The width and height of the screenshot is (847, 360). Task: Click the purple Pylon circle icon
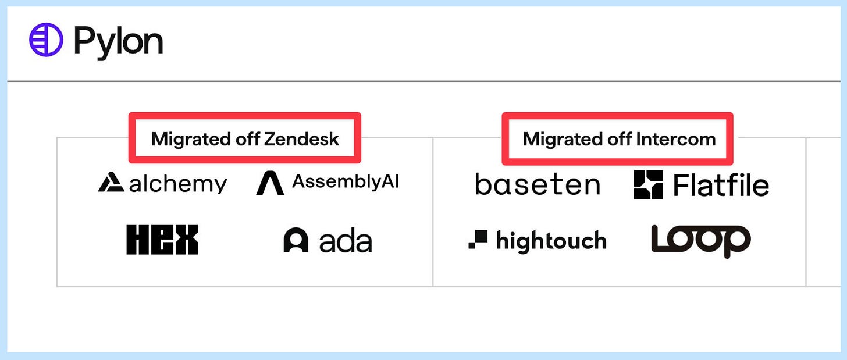46,40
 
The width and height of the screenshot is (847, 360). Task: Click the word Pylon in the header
118,42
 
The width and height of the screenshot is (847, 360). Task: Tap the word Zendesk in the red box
301,139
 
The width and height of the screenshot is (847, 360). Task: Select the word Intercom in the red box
676,139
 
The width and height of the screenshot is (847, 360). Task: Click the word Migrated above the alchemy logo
191,140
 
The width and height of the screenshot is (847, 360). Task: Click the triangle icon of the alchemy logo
111,182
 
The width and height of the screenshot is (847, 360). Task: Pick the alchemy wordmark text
178,184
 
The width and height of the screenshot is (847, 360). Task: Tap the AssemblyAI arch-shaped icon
270,183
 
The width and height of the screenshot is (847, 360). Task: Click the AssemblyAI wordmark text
346,182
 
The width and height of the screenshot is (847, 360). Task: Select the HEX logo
162,240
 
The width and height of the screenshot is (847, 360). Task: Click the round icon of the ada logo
296,240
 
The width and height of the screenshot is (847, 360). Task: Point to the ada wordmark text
346,241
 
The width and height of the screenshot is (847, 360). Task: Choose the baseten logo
538,184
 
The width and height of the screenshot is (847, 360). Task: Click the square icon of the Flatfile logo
649,184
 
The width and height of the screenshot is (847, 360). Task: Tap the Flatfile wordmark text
721,185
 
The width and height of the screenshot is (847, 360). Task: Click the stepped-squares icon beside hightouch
478,239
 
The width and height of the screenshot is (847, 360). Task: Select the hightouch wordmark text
551,241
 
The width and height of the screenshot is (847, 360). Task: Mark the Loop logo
700,241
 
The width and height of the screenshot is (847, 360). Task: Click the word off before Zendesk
248,139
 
